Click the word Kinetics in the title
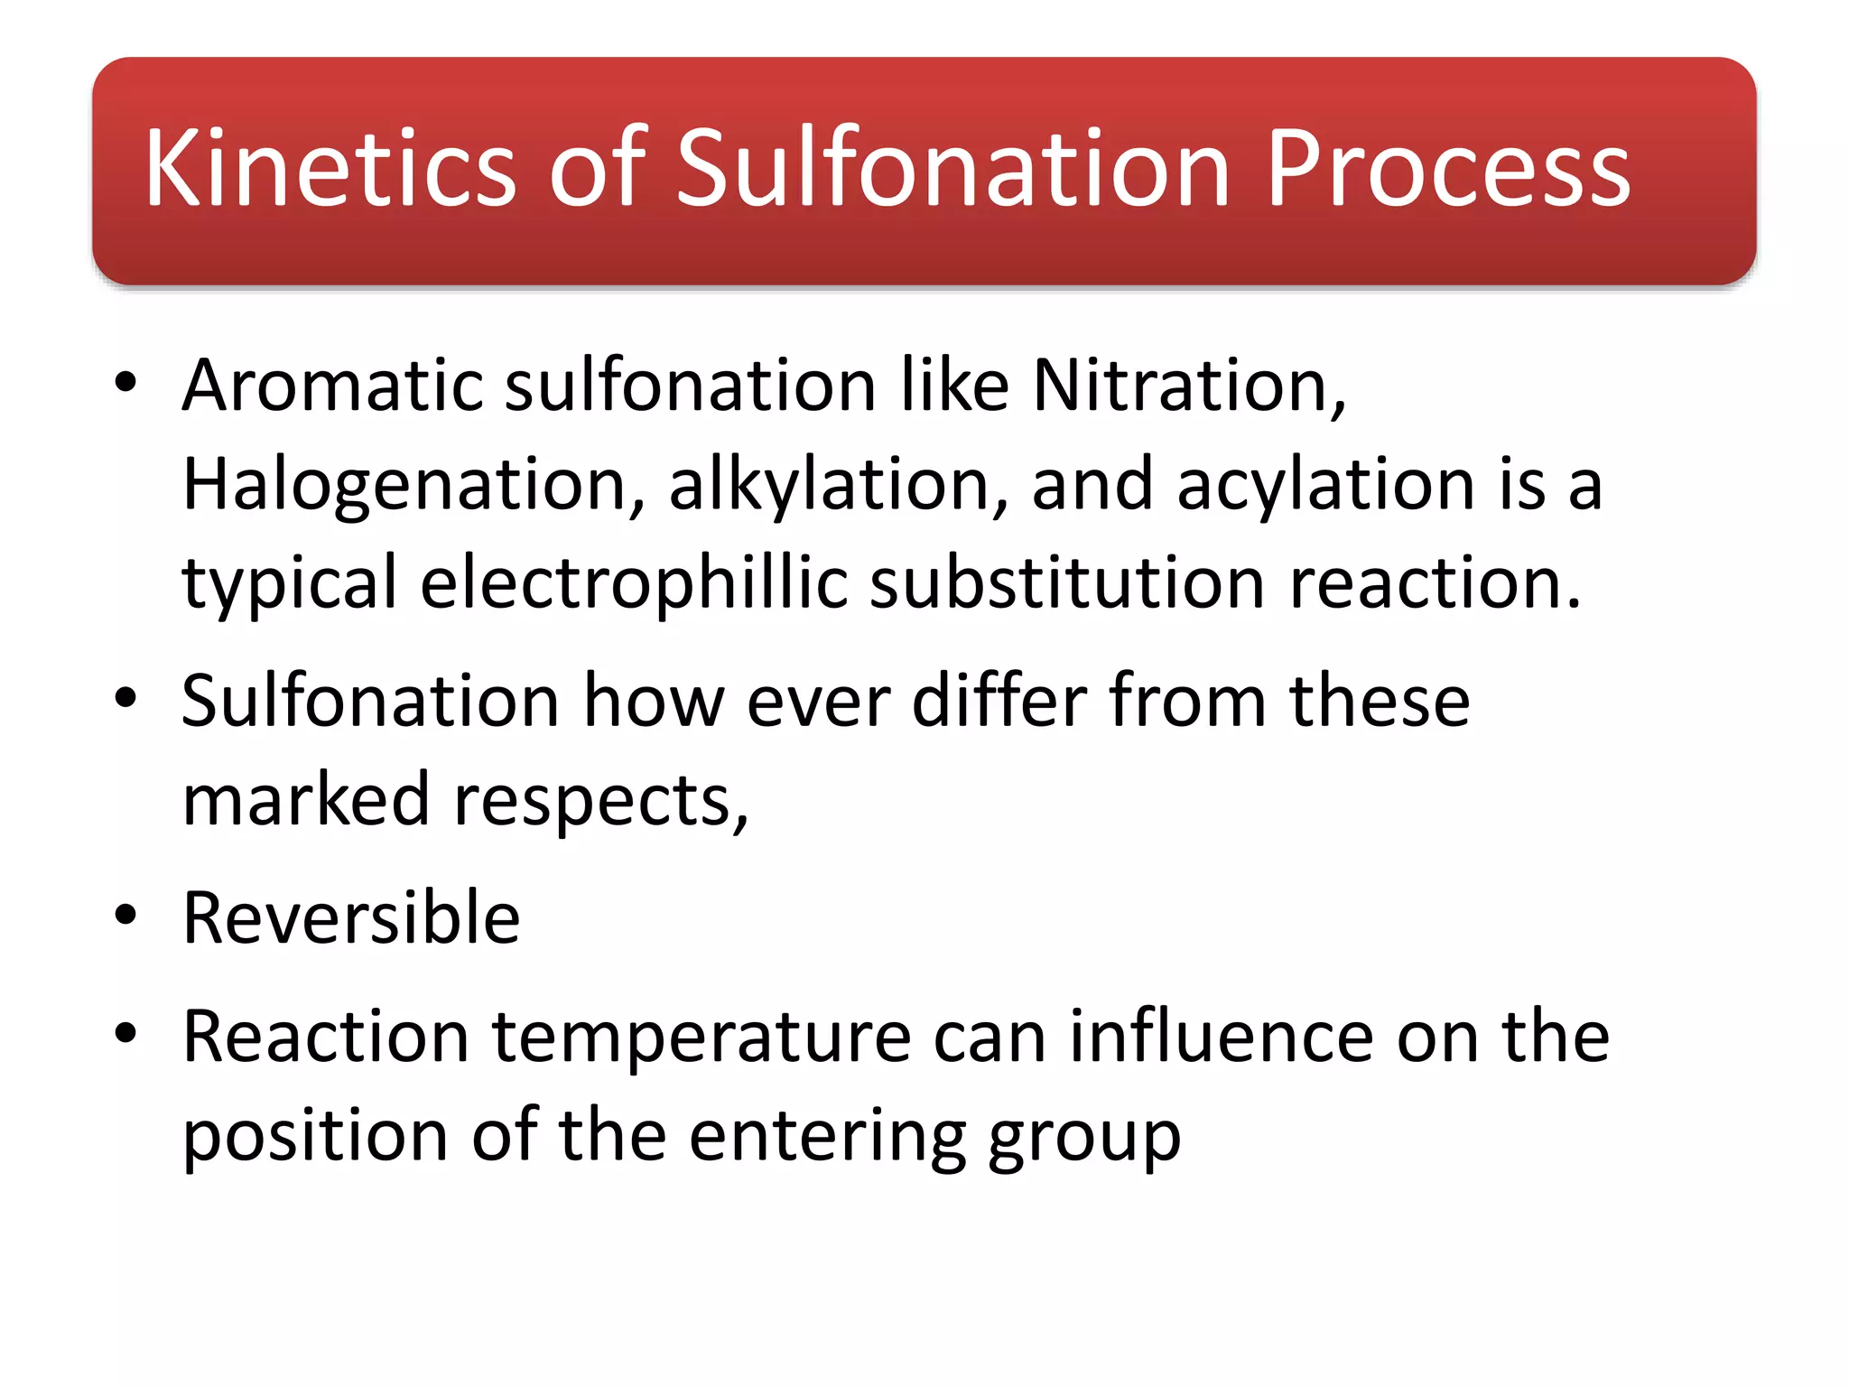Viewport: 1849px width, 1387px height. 330,169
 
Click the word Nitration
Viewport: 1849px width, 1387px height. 1188,386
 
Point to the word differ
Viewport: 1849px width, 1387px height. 999,701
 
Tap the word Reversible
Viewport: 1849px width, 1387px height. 351,918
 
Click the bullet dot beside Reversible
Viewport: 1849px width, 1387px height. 125,915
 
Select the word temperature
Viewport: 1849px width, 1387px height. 702,1037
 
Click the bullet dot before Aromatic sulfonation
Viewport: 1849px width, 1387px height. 125,382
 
